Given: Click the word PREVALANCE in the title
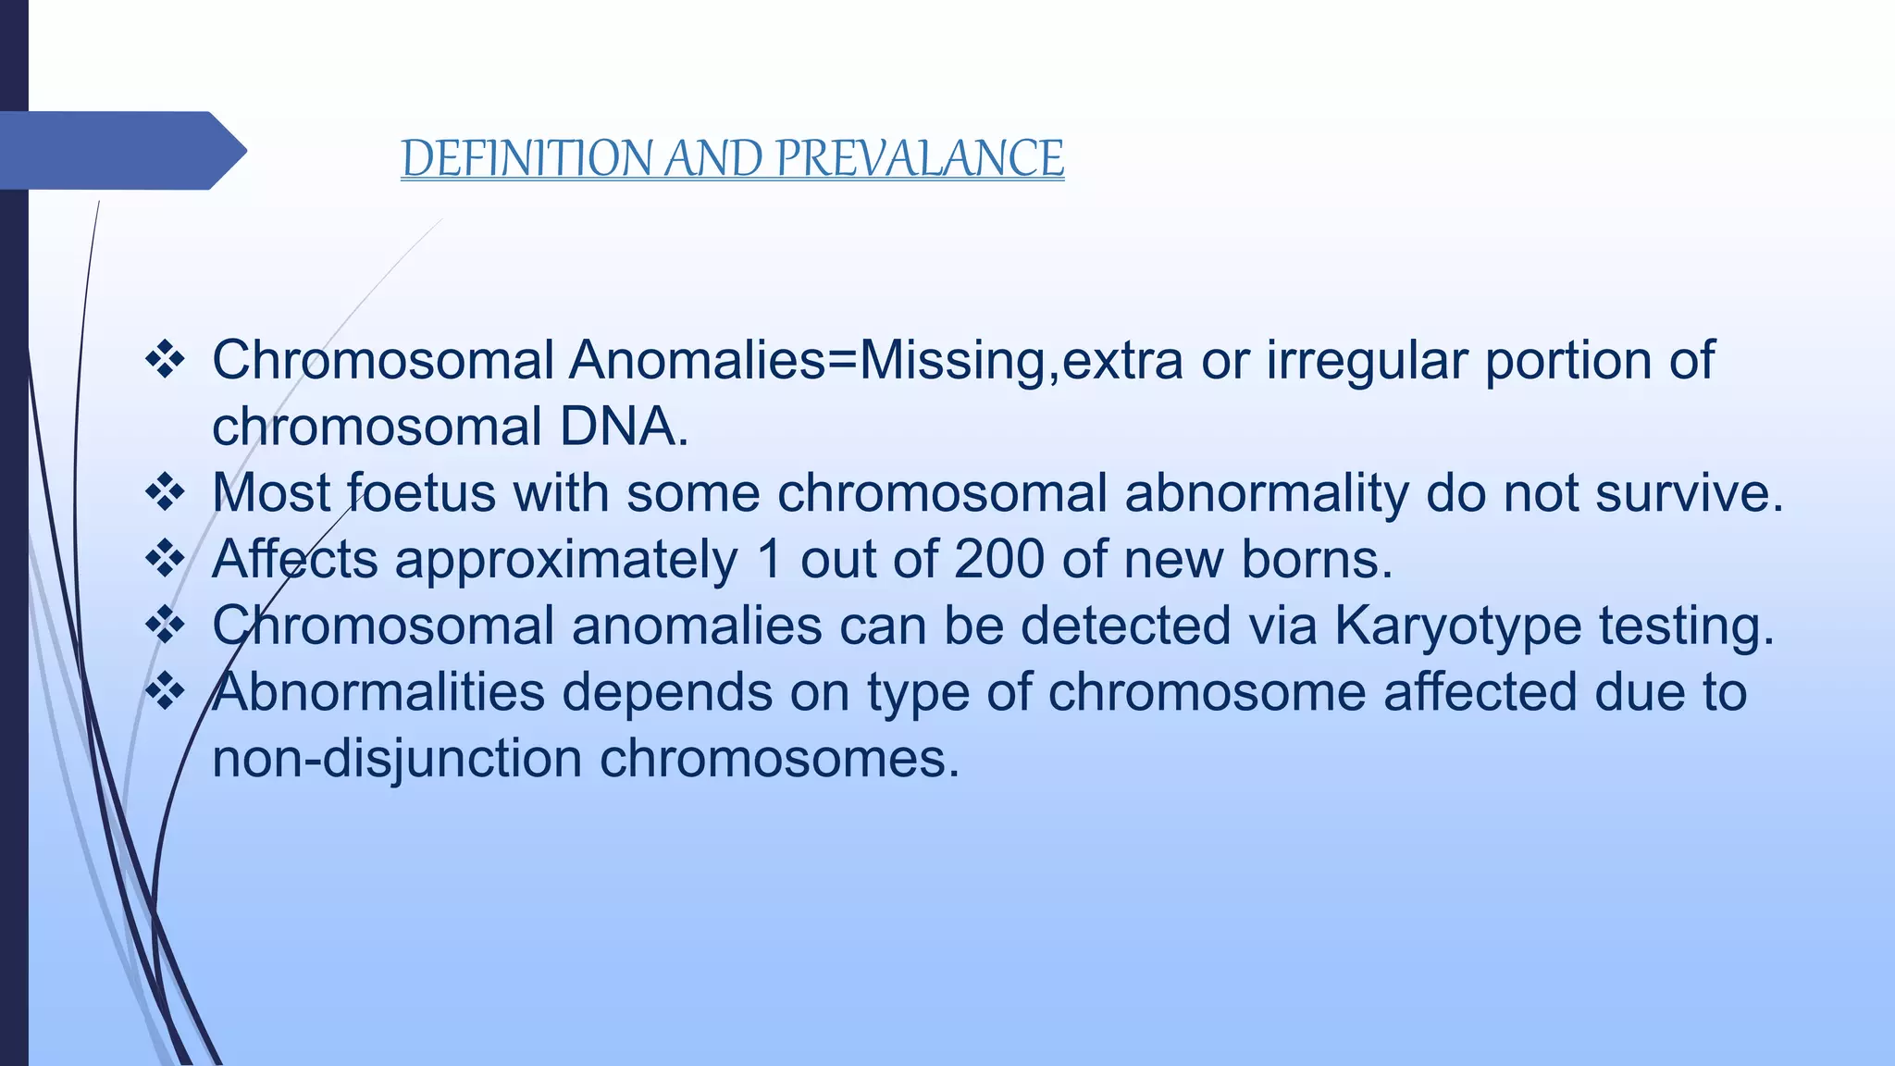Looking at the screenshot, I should tap(920, 158).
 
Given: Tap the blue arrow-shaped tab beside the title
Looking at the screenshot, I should tap(120, 151).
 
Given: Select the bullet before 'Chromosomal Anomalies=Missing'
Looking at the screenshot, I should tap(166, 360).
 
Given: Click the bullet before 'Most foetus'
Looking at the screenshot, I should tap(166, 493).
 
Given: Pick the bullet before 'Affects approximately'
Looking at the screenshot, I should tap(166, 560).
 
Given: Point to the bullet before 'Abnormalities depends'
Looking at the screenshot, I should tap(166, 692).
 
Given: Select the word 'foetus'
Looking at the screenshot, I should tap(422, 493).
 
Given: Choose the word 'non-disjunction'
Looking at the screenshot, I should tap(397, 760).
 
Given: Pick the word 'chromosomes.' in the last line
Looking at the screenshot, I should tap(780, 760).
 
